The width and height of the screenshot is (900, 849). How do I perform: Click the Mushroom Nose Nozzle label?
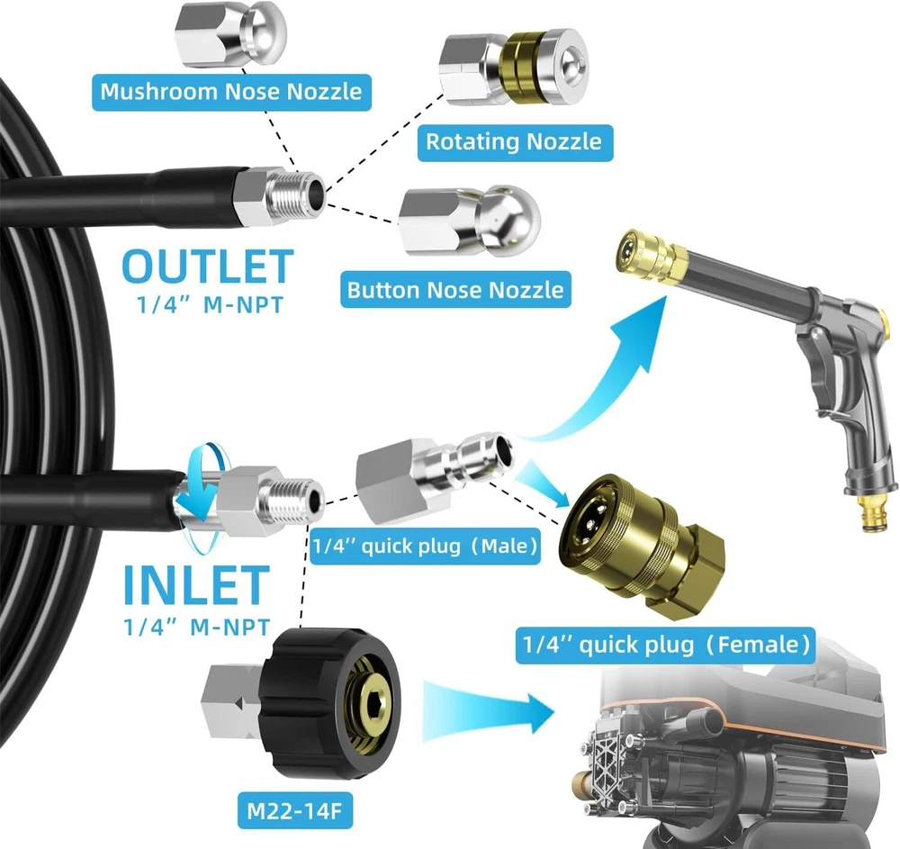pos(230,91)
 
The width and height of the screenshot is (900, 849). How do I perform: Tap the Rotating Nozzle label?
pos(513,141)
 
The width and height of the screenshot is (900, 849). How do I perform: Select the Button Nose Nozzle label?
pos(455,289)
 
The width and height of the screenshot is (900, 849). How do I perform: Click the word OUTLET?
pos(207,266)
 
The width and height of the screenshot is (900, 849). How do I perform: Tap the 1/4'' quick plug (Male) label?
pos(425,546)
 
